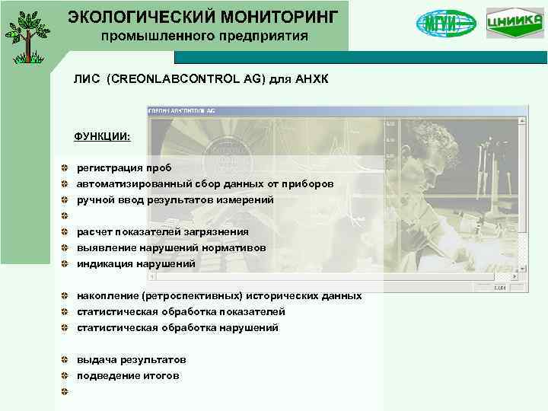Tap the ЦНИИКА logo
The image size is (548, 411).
(x=515, y=23)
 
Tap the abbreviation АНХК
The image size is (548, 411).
(x=311, y=79)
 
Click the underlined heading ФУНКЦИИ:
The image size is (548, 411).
(x=102, y=136)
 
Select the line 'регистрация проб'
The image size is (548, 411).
(x=123, y=167)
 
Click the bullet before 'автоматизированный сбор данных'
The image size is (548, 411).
(x=67, y=183)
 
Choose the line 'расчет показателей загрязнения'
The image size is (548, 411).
(x=162, y=231)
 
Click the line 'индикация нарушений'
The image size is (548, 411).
(x=135, y=263)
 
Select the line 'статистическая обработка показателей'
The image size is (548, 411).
(x=180, y=311)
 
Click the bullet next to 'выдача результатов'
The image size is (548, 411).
(x=67, y=359)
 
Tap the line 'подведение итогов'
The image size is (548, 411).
(x=128, y=375)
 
